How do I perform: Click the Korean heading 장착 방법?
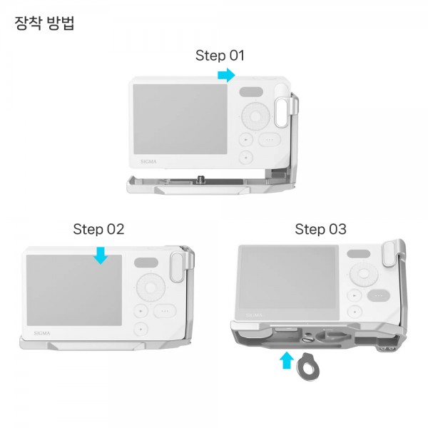tap(44, 24)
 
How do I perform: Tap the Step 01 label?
tap(220, 56)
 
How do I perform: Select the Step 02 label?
tap(98, 229)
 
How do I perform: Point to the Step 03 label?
tap(320, 229)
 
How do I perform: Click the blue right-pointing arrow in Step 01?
tap(226, 75)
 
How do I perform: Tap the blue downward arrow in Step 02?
tap(101, 256)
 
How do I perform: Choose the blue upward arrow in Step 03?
tap(287, 360)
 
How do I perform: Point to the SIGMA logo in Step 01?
tap(148, 162)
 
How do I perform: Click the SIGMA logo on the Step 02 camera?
tap(42, 333)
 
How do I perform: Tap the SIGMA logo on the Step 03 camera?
tap(254, 315)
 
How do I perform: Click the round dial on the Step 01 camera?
tap(256, 116)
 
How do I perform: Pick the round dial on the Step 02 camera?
tap(151, 287)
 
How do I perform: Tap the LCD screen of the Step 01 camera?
tap(180, 119)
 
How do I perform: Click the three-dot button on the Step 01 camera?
tap(270, 140)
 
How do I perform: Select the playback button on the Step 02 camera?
tap(141, 311)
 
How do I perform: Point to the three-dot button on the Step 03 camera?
tap(379, 295)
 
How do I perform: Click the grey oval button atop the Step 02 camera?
tap(146, 263)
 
